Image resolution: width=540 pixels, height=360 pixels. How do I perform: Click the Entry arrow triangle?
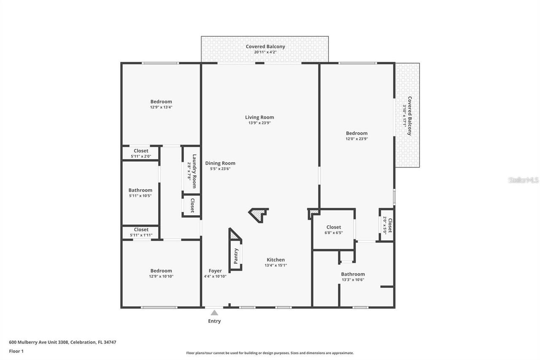coord(214,313)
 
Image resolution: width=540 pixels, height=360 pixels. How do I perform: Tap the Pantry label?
coord(236,256)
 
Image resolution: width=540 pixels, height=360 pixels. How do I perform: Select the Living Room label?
coord(259,117)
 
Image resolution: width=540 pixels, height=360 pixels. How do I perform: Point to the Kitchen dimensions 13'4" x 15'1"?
coord(275,265)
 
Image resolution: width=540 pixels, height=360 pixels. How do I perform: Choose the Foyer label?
coord(215,271)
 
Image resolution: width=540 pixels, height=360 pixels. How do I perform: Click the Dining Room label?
coord(220,163)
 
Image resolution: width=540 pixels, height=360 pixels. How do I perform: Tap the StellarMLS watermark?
coord(524,180)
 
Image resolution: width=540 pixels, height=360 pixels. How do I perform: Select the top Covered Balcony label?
coord(265,46)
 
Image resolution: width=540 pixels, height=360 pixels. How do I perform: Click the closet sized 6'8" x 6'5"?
coord(333,227)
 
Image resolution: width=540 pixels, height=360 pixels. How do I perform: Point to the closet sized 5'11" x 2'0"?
coord(141,151)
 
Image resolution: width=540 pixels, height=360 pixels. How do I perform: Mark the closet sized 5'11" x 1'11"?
coord(141,230)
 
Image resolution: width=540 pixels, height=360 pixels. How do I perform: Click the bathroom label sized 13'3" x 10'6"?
coord(353,274)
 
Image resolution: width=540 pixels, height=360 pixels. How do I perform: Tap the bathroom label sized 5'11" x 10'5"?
coord(140,190)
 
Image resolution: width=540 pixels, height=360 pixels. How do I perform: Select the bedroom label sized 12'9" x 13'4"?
coord(161,102)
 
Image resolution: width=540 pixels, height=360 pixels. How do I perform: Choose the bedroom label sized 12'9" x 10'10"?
coord(161,271)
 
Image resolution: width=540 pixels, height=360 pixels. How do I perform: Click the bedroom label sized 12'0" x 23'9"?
coord(356,133)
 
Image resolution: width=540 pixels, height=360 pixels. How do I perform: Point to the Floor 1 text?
coord(16,351)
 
